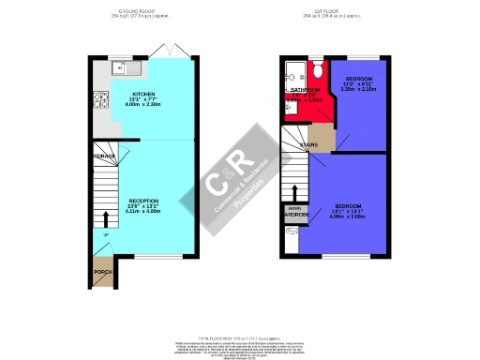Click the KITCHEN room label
coord(142,94)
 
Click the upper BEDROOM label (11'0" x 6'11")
coord(359,79)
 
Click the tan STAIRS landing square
coord(321,138)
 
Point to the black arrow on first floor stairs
coord(291,192)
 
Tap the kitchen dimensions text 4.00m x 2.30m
coord(142,105)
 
